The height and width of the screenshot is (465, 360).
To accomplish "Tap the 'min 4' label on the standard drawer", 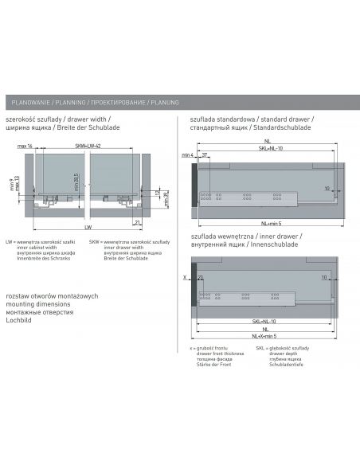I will [x=186, y=154].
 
